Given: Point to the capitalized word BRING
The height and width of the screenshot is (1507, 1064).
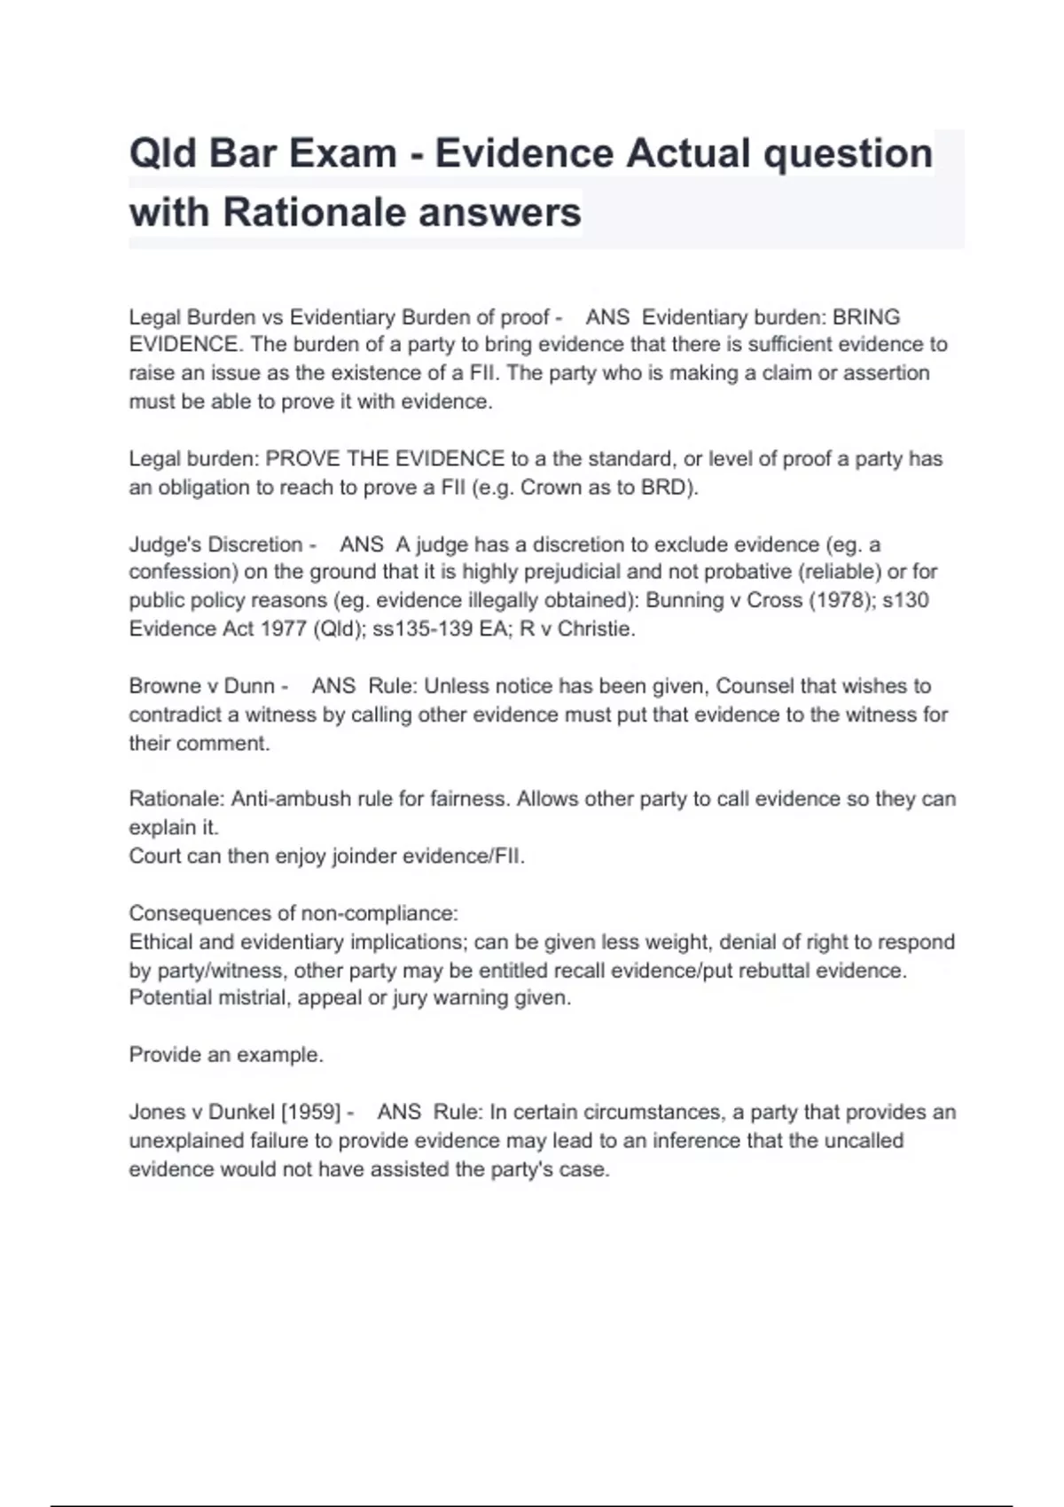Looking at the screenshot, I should pyautogui.click(x=866, y=317).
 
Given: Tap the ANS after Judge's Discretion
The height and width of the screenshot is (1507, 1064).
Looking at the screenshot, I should pyautogui.click(x=362, y=544).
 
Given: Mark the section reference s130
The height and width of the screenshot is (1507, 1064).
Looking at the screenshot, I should pyautogui.click(x=905, y=600).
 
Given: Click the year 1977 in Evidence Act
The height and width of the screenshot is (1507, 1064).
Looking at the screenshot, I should pyautogui.click(x=284, y=629).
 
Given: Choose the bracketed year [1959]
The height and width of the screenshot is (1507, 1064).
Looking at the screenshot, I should pyautogui.click(x=311, y=1112).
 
